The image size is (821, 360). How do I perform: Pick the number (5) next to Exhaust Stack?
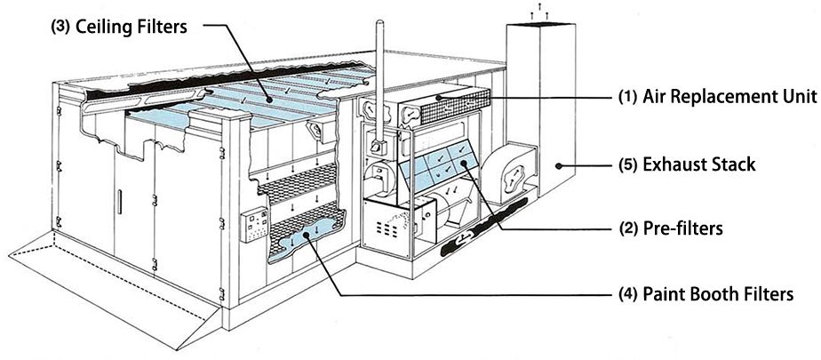point(628,164)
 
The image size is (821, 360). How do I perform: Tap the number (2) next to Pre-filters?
point(628,228)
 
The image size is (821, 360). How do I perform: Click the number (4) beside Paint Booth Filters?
point(628,292)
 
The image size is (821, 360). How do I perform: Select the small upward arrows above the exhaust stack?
point(535,12)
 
